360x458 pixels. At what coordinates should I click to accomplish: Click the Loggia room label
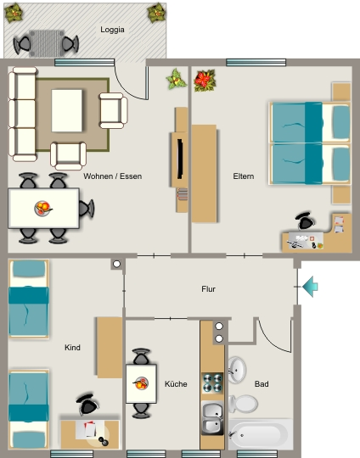coord(112,30)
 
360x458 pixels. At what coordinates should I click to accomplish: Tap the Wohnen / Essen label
coord(113,176)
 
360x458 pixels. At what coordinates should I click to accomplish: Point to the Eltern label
coord(244,176)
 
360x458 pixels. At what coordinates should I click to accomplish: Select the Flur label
coord(208,289)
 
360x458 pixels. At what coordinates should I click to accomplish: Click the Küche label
coord(176,384)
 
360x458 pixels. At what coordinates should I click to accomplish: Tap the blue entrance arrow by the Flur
coord(310,287)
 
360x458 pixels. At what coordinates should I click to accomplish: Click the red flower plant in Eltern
coord(205,81)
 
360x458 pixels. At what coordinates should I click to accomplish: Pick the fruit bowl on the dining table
coord(43,209)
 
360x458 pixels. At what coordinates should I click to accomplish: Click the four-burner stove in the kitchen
coord(212,383)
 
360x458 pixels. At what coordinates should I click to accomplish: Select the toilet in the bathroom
coord(244,404)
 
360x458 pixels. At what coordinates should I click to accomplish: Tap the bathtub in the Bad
coord(261,434)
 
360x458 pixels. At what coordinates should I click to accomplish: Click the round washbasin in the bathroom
coord(237,370)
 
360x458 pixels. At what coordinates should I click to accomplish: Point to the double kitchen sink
coord(212,418)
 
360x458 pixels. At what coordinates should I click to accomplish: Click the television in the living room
coord(180,159)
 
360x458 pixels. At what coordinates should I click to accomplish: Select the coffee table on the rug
coord(67,111)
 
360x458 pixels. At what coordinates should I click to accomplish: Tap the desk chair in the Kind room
coord(87,405)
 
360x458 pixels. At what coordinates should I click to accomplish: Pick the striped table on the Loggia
coord(47,43)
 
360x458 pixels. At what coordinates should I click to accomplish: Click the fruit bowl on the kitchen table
coord(141,383)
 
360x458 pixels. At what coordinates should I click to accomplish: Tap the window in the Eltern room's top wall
coord(256,62)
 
